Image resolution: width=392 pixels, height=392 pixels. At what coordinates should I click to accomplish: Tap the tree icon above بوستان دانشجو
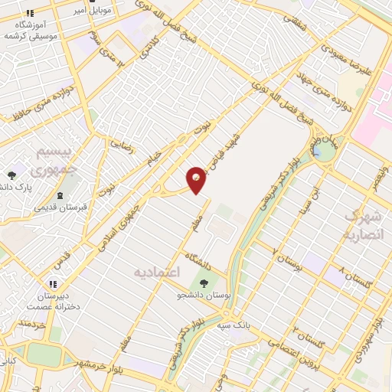pos(202,283)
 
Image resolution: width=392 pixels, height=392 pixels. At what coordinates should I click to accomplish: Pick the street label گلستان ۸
pos(355,279)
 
